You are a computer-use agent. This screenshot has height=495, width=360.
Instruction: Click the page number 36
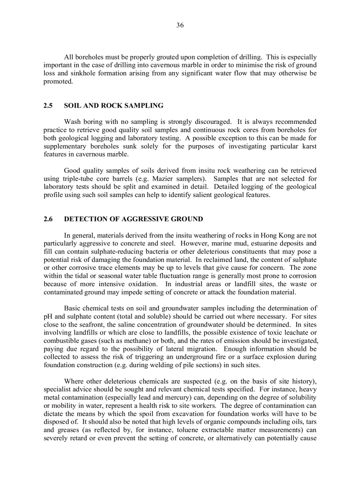click(180, 25)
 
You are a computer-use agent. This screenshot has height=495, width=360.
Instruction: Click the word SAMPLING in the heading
click(146, 106)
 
